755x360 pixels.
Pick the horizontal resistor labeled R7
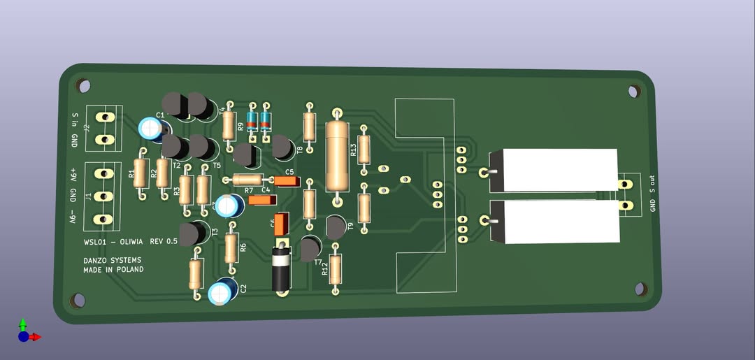(248, 180)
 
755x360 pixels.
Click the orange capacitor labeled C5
(287, 181)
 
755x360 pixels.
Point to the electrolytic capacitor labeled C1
(152, 127)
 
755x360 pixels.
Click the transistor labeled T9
(336, 226)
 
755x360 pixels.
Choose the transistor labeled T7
(310, 248)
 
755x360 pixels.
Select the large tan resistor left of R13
(338, 157)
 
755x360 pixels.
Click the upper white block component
(559, 170)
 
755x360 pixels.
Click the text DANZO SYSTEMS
(112, 260)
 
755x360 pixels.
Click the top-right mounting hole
(633, 91)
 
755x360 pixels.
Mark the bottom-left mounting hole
(78, 300)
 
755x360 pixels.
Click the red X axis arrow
(36, 337)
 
